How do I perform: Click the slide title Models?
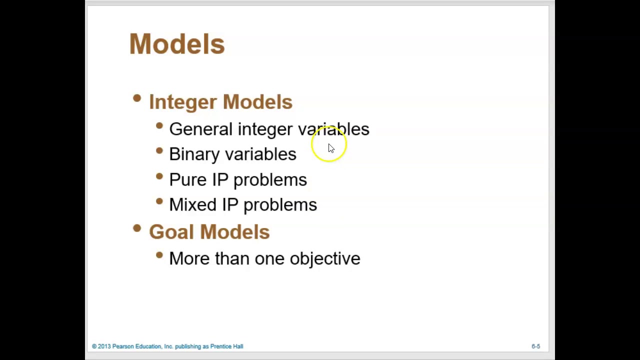click(177, 44)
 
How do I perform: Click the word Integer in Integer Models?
click(183, 102)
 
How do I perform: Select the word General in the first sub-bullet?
click(201, 129)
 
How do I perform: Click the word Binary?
click(194, 154)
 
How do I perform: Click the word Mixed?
click(192, 205)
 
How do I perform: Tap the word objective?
click(325, 259)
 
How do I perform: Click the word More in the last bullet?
click(189, 258)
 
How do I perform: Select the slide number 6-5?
click(535, 346)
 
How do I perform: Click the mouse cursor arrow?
click(331, 148)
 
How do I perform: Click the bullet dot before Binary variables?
click(159, 150)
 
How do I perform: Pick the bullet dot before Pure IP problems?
click(159, 176)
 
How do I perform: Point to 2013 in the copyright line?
click(104, 346)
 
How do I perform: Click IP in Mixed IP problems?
click(230, 205)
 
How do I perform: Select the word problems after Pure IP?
click(270, 180)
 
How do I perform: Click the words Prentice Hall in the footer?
click(226, 346)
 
